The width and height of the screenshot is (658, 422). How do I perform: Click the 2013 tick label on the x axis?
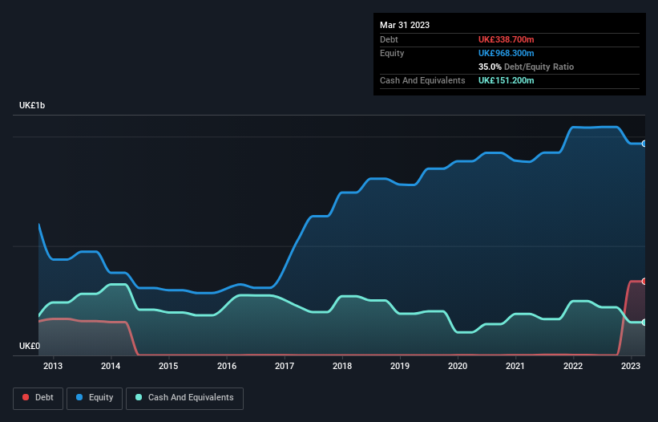(x=53, y=367)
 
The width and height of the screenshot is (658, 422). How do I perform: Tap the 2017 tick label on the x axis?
(x=285, y=367)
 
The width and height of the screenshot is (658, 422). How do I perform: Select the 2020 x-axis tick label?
(x=458, y=367)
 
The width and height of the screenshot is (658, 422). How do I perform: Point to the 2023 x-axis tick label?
(x=632, y=367)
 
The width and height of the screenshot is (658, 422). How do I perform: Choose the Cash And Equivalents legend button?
(x=184, y=398)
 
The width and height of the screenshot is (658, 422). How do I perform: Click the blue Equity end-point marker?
(x=644, y=144)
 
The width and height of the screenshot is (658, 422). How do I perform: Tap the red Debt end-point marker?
(x=644, y=282)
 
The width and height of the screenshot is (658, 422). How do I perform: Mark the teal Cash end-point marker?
(x=644, y=323)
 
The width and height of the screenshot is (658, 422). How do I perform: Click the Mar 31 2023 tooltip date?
(x=405, y=25)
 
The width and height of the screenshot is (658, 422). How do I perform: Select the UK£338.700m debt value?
(x=506, y=39)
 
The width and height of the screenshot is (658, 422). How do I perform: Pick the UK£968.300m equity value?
(x=506, y=53)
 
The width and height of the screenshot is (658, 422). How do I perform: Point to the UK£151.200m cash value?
(x=506, y=80)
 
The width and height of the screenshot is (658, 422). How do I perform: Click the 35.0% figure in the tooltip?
(x=490, y=67)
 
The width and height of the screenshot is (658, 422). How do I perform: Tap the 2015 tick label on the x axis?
(x=168, y=367)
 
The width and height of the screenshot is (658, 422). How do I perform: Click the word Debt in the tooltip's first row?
(x=389, y=39)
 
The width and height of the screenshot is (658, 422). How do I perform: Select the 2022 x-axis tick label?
(x=573, y=367)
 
